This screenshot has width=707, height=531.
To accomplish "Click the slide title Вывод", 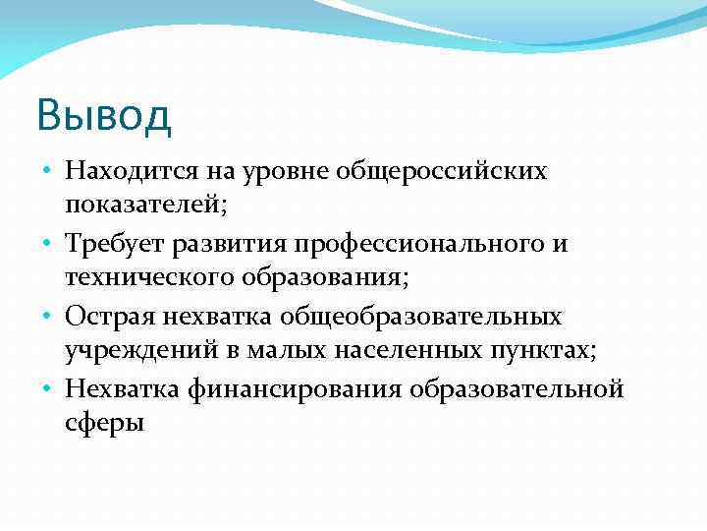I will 104,115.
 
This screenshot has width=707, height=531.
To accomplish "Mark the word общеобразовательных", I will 421,317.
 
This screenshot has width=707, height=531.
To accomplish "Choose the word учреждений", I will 130,349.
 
